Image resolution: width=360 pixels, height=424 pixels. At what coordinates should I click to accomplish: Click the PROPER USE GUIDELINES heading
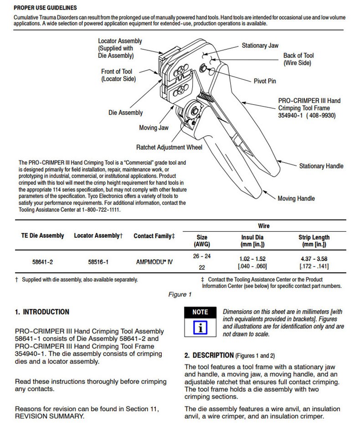(x=45, y=8)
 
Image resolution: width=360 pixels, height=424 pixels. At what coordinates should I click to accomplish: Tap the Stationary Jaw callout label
(x=260, y=46)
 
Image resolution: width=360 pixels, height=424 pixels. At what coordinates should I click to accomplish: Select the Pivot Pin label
(x=265, y=81)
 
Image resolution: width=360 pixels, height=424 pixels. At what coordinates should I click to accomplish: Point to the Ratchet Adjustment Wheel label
(x=169, y=148)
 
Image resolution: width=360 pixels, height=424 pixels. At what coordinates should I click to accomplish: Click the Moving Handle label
(x=296, y=199)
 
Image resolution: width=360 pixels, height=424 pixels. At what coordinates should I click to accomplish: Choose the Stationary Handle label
(x=321, y=166)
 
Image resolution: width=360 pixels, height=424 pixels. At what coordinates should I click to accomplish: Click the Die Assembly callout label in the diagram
(x=125, y=112)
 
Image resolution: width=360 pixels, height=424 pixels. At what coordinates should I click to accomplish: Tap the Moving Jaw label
(x=154, y=128)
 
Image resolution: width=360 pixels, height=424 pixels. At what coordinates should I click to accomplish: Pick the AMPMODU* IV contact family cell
(x=154, y=262)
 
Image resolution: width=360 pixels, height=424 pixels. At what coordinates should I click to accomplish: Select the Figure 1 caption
(x=180, y=294)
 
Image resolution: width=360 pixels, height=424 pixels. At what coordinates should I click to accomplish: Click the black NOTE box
(x=200, y=312)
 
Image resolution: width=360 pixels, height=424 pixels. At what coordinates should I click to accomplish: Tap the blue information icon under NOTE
(x=200, y=328)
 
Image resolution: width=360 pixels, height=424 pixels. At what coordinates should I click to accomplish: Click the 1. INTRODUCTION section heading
(x=42, y=312)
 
